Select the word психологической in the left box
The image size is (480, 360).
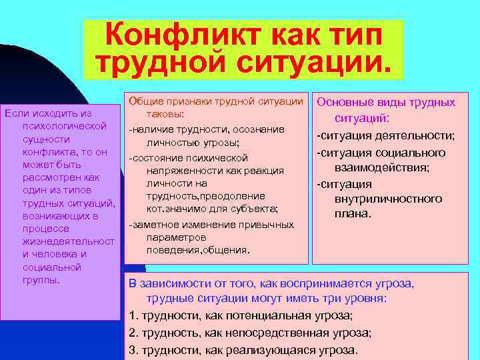[65, 125]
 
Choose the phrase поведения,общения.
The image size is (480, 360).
[198, 249]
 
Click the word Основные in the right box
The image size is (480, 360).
[347, 102]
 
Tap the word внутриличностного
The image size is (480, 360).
[389, 199]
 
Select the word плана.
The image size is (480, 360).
[353, 214]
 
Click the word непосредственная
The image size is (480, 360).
[283, 333]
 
